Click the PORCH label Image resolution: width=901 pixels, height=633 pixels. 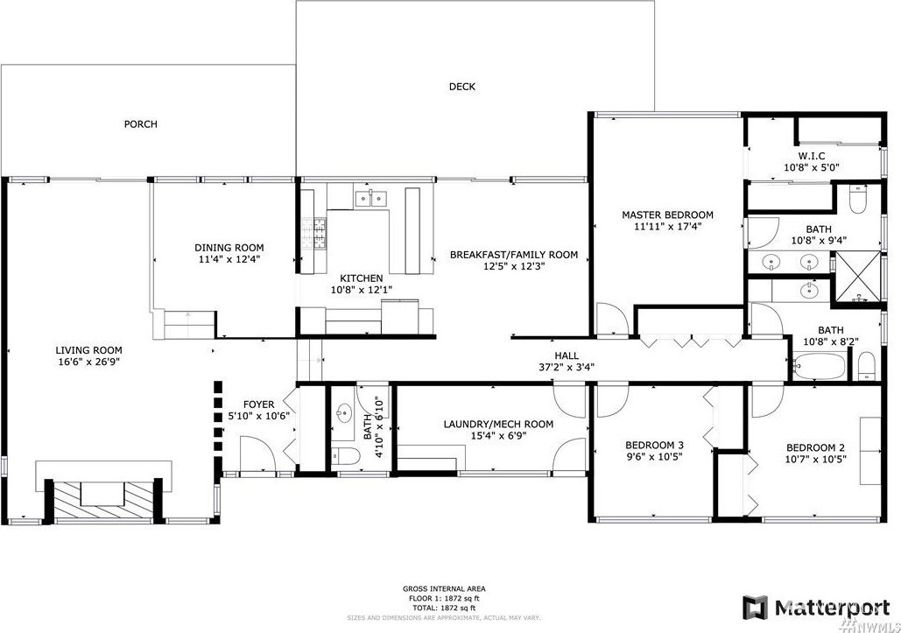pyautogui.click(x=141, y=124)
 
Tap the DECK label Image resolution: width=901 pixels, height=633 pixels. pyautogui.click(x=462, y=87)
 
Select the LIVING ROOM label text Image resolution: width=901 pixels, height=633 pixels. pyautogui.click(x=88, y=350)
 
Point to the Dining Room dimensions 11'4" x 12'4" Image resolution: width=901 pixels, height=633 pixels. pyautogui.click(x=229, y=259)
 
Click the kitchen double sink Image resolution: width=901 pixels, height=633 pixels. pyautogui.click(x=371, y=198)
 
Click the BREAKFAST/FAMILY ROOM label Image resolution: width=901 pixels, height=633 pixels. pyautogui.click(x=514, y=255)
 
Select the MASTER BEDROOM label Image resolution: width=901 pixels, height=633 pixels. pyautogui.click(x=668, y=215)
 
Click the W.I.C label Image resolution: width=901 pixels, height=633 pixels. pyautogui.click(x=812, y=156)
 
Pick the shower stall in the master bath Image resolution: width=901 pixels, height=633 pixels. pyautogui.click(x=856, y=277)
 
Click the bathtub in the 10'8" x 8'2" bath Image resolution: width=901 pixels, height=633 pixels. pyautogui.click(x=820, y=365)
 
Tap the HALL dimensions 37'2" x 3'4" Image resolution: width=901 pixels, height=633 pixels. pyautogui.click(x=567, y=367)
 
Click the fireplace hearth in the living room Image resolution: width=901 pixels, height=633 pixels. pyautogui.click(x=104, y=499)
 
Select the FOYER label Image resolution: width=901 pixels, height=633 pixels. pyautogui.click(x=258, y=404)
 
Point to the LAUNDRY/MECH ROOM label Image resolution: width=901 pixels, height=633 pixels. pyautogui.click(x=498, y=425)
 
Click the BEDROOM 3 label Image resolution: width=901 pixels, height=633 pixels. pyautogui.click(x=654, y=445)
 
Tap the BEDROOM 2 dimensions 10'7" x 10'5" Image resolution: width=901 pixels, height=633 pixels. pyautogui.click(x=816, y=459)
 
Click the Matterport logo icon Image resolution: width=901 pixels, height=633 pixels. pyautogui.click(x=755, y=608)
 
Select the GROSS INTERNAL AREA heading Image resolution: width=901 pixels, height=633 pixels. pyautogui.click(x=444, y=588)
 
